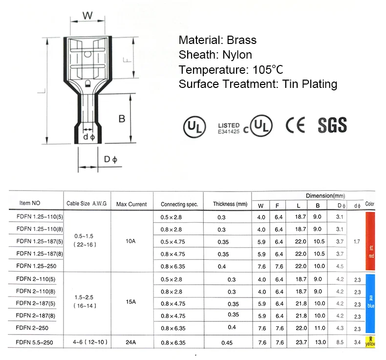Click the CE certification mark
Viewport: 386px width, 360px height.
[295, 126]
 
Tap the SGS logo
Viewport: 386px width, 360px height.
[332, 125]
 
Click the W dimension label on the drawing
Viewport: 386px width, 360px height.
[87, 16]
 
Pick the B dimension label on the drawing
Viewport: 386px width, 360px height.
[122, 118]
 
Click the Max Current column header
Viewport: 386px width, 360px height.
[131, 204]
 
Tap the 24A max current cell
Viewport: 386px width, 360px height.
[130, 342]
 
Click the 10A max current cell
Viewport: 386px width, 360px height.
[130, 241]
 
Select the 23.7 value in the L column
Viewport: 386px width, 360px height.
[300, 342]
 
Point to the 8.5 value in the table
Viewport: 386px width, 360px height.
[340, 342]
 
